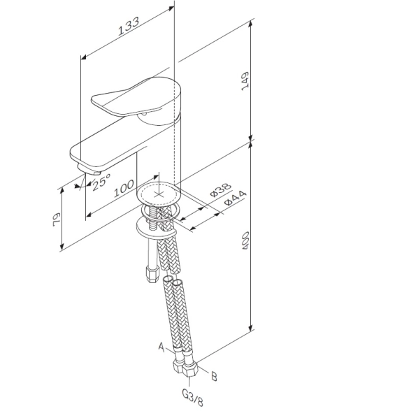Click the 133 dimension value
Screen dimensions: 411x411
tap(128, 26)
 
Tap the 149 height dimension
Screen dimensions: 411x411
tap(245, 81)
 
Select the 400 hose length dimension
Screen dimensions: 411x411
tap(245, 240)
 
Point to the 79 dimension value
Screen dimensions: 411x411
tap(57, 219)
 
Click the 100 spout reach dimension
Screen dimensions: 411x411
tap(124, 188)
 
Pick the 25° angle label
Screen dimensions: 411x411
tap(101, 182)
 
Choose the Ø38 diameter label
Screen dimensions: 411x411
tap(221, 189)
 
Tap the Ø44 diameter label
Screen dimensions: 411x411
tap(236, 199)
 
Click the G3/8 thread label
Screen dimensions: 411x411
tap(193, 396)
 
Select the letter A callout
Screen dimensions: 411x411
tap(161, 347)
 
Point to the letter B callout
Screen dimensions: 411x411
tap(214, 377)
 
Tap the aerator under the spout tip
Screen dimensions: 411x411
tap(89, 170)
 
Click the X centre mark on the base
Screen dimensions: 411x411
tap(159, 194)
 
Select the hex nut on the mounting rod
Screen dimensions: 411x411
tap(152, 274)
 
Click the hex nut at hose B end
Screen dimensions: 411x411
tap(190, 370)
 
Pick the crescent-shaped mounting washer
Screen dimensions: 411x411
tap(156, 228)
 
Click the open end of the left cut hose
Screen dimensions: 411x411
tap(168, 278)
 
